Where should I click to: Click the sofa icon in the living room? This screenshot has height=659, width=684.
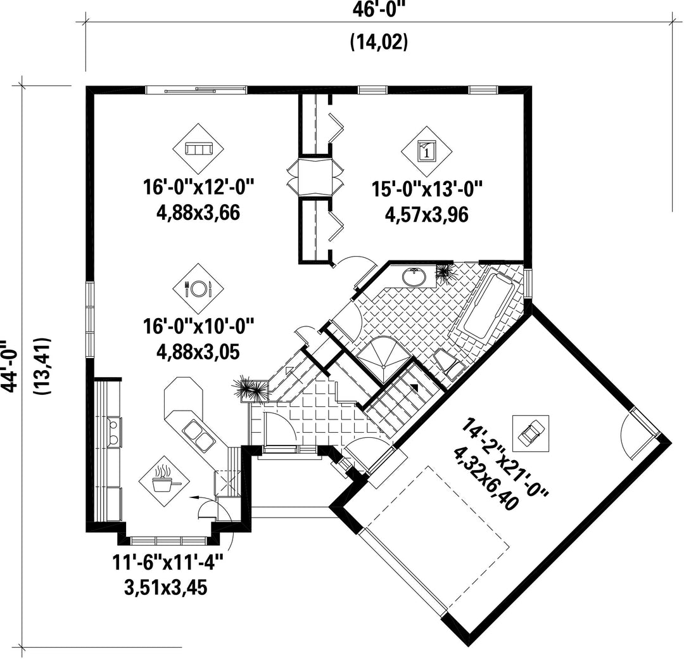(x=198, y=149)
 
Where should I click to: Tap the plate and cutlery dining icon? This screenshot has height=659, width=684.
(x=198, y=288)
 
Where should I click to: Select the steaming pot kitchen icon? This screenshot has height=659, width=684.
(x=165, y=481)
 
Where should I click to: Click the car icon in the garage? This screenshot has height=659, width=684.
(x=531, y=433)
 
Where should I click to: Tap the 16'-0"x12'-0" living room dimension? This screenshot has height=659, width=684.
(x=198, y=188)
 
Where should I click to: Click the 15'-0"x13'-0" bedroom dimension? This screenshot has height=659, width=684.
(x=427, y=189)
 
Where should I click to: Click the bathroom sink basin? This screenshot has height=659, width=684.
(x=414, y=277)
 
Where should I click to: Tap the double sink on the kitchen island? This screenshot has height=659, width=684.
(x=199, y=433)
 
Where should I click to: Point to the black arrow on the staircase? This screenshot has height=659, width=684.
(x=414, y=387)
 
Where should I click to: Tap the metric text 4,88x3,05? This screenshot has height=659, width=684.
(x=198, y=352)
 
